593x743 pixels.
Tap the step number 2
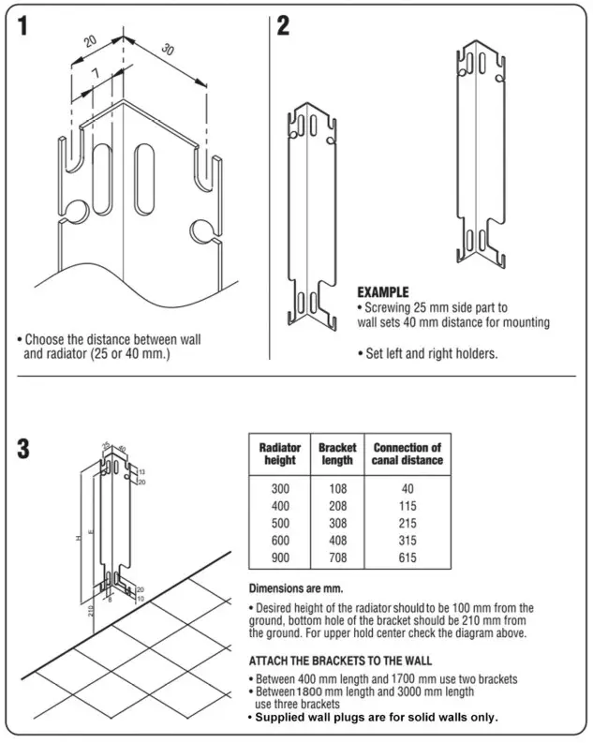[x=283, y=26]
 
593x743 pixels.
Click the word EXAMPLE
[x=383, y=292]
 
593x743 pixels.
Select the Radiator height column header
[x=279, y=453]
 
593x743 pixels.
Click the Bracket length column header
[x=336, y=453]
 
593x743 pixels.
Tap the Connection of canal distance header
[x=407, y=453]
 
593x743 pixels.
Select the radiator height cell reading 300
[x=279, y=488]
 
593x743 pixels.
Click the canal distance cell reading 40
[x=407, y=488]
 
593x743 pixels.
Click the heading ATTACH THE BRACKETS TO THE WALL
[x=340, y=660]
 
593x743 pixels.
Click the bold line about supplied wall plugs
[x=372, y=717]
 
